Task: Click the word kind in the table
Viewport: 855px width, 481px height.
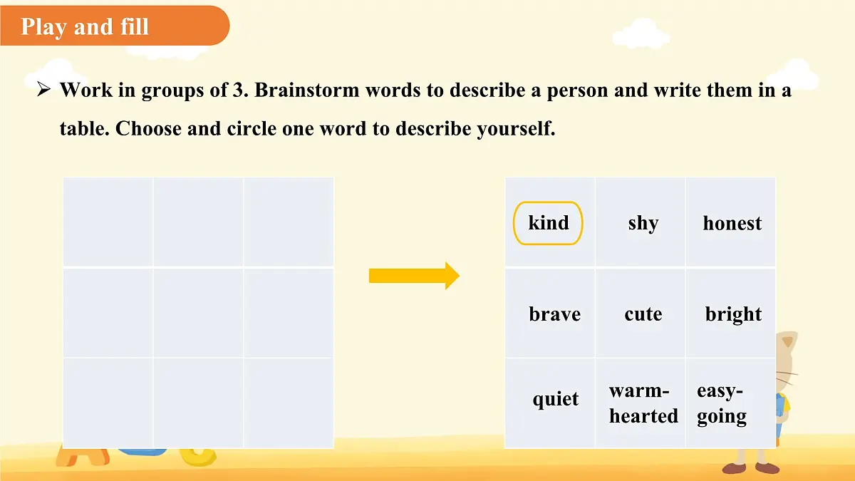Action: [x=548, y=223]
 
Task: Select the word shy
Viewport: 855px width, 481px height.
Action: [x=643, y=223]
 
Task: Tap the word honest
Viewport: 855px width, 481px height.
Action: [x=732, y=223]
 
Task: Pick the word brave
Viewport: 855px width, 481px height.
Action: [x=554, y=314]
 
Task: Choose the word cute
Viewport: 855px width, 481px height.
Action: [x=643, y=314]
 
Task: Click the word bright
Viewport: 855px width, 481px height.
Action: [x=733, y=314]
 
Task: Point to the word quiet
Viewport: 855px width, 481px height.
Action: [x=555, y=399]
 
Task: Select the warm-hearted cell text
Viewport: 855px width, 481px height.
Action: [x=643, y=403]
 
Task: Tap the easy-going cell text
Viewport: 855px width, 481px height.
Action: [x=721, y=403]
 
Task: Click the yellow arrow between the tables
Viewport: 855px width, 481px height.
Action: [x=414, y=276]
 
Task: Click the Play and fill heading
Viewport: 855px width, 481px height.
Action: [x=85, y=27]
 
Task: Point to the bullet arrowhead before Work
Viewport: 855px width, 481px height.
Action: [x=43, y=90]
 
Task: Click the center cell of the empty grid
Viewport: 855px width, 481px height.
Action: [x=198, y=313]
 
